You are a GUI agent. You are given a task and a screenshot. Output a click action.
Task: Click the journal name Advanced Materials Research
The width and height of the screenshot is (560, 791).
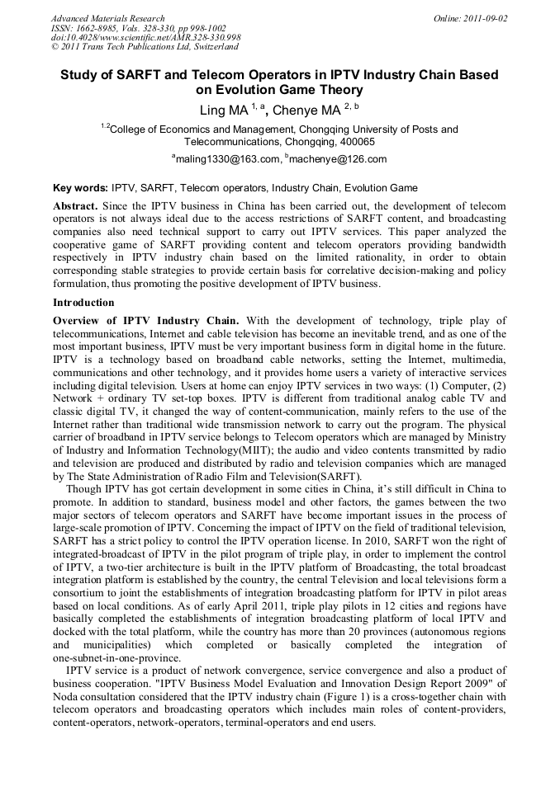(107, 18)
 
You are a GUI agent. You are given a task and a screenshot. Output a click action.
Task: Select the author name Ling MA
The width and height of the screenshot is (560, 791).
(224, 110)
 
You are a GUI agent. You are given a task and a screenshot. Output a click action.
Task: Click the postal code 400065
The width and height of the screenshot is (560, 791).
(356, 142)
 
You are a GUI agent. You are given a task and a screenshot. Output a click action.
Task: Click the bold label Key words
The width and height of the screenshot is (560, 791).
(79, 188)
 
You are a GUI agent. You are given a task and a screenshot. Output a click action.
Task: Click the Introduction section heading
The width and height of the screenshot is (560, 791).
(83, 303)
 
